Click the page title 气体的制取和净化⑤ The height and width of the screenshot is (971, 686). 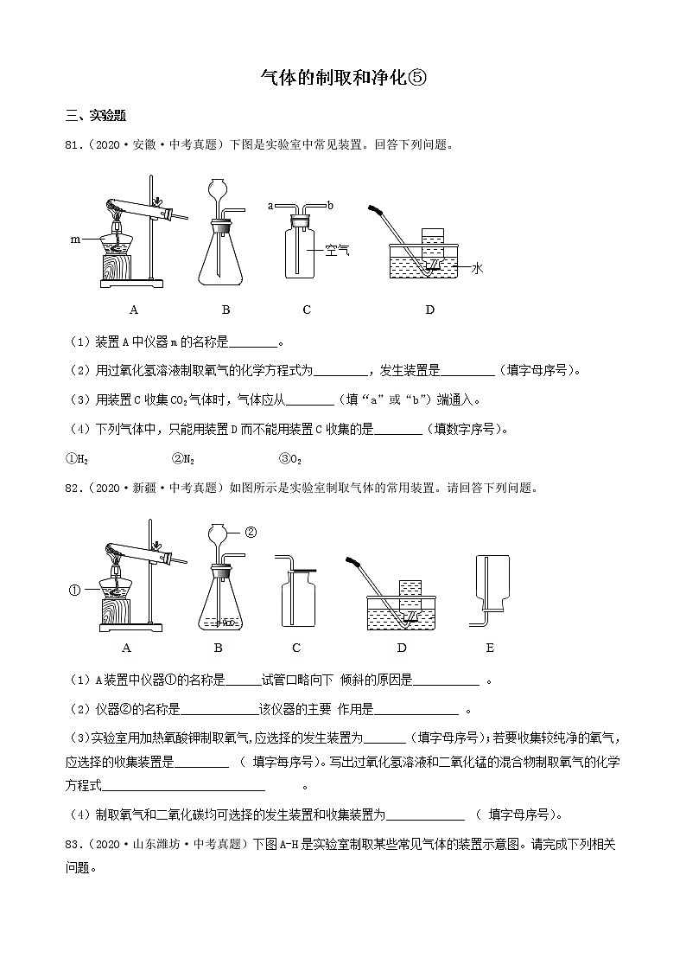coord(344,79)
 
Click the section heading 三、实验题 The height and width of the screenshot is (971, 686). coord(96,117)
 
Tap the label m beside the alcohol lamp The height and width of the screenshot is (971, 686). coord(76,238)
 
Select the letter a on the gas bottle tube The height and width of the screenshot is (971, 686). coord(270,206)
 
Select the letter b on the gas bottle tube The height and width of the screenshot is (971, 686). coord(330,206)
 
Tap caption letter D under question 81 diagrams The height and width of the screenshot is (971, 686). coord(429,310)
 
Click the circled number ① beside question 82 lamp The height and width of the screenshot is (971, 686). coord(73,591)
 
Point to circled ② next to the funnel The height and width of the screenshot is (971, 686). coord(251,532)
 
